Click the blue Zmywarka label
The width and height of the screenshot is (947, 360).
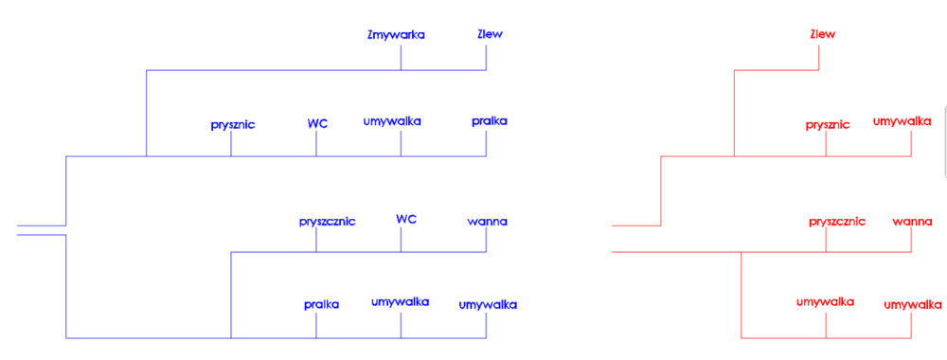click(396, 35)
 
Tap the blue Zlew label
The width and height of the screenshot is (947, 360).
click(490, 35)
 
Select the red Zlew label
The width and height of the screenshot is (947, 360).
click(822, 35)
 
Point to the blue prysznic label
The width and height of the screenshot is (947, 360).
click(233, 124)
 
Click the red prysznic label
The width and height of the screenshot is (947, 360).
click(828, 124)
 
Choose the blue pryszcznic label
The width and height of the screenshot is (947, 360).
click(327, 222)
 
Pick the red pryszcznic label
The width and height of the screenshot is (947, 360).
click(837, 222)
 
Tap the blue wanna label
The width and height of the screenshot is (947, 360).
click(488, 222)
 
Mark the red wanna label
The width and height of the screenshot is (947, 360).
click(913, 222)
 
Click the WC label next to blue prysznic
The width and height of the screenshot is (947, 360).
click(317, 124)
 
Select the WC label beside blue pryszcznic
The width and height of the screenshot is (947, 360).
click(406, 220)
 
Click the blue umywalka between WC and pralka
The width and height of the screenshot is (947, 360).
click(392, 121)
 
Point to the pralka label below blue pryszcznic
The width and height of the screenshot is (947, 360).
click(322, 304)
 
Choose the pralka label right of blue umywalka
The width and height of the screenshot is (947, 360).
click(490, 121)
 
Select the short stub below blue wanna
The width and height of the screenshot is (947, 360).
click(487, 241)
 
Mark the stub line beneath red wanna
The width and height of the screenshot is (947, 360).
click(912, 241)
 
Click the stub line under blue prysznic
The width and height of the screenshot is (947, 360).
click(231, 143)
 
